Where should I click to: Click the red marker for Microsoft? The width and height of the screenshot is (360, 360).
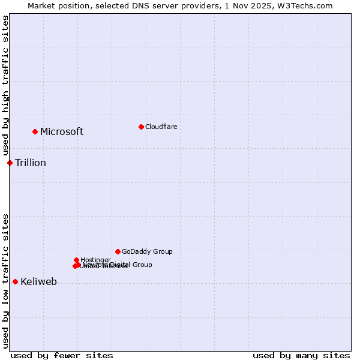point(35,131)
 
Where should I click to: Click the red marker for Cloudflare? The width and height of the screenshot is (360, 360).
point(141,127)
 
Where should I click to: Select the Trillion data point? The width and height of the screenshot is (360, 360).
point(10,163)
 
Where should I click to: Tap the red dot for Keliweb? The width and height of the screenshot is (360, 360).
point(15,281)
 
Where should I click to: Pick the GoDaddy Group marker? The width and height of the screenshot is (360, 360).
point(118,251)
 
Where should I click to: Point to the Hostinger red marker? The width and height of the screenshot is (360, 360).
point(76,260)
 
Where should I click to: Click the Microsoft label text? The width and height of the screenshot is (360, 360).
point(62,132)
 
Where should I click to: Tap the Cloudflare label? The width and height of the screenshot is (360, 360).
point(161,127)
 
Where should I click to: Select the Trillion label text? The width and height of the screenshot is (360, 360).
point(31,163)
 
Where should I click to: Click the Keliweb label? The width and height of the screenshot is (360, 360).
point(38,282)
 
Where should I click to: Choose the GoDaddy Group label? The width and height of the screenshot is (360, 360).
point(147,251)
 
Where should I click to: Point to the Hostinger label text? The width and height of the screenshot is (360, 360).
point(95,260)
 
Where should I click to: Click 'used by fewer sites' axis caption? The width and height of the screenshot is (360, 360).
point(62,355)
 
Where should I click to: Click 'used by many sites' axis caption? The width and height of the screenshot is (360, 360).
point(301,355)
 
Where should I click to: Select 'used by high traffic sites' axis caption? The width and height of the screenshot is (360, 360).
point(5,86)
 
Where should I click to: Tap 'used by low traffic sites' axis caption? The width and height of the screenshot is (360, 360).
point(5,281)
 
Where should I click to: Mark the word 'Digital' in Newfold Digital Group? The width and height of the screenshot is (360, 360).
point(121,265)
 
